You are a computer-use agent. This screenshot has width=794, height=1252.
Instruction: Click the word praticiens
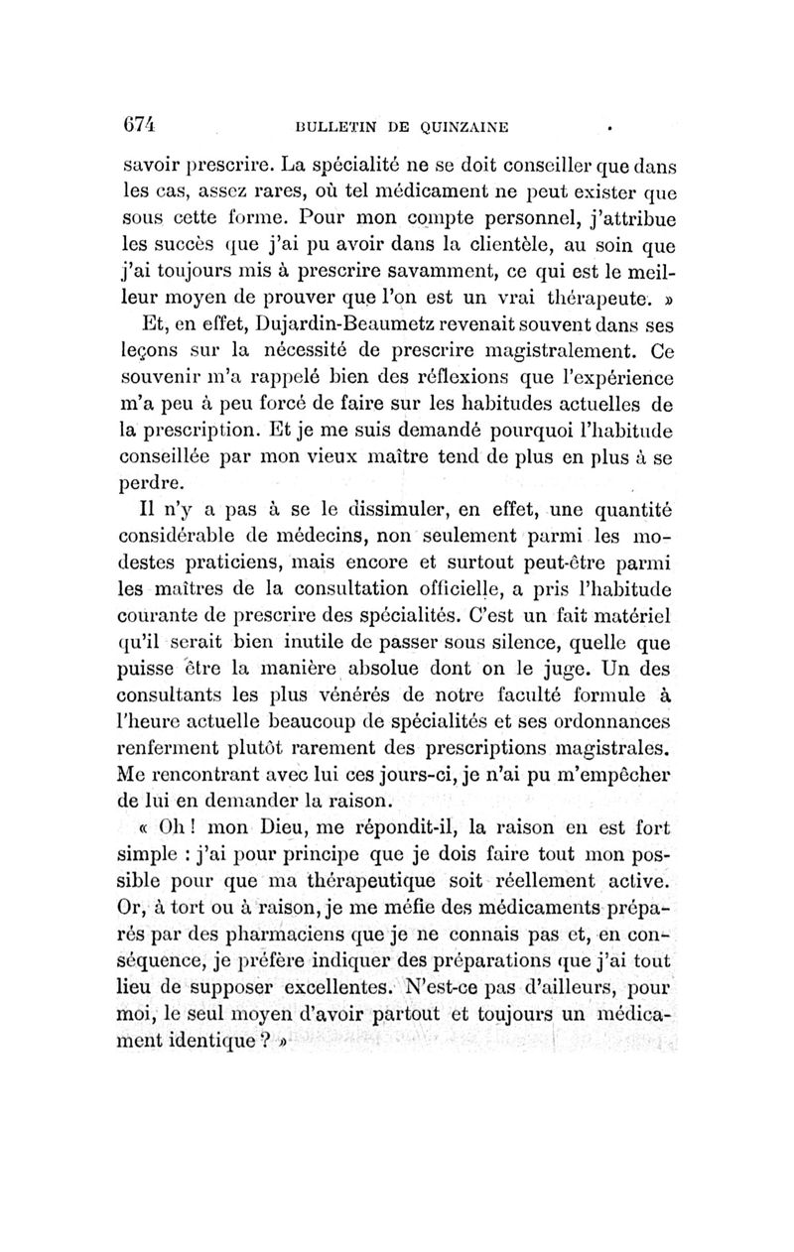(x=194, y=566)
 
